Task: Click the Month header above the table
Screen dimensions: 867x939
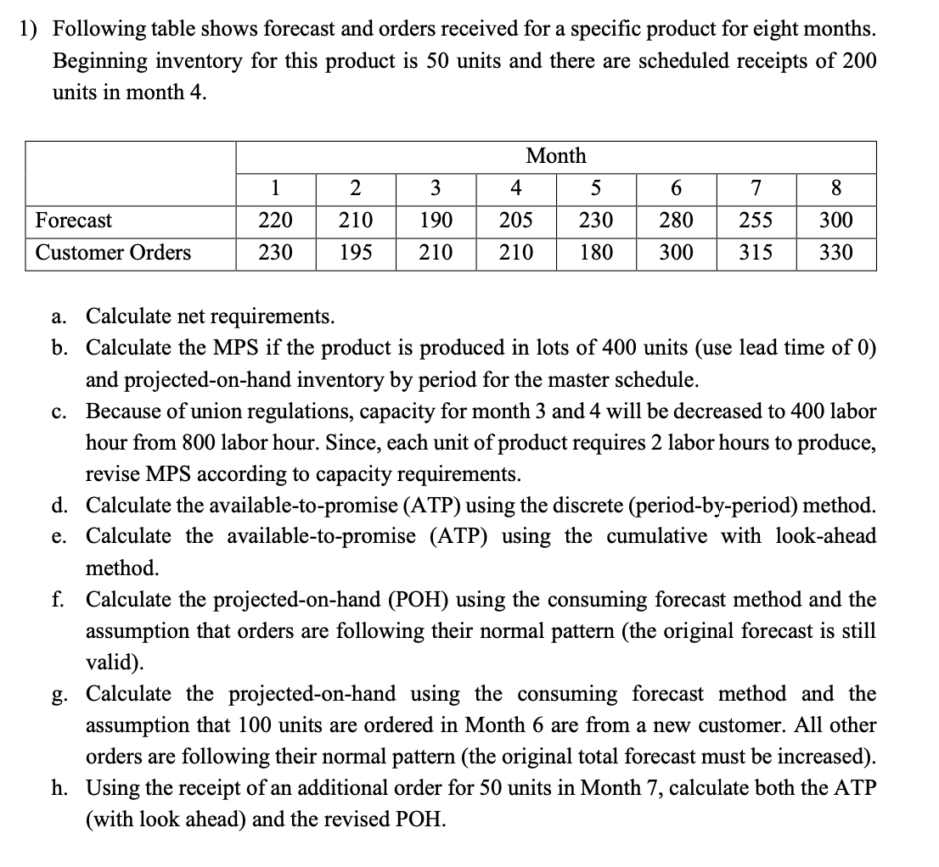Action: [556, 156]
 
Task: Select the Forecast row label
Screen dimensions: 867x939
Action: [74, 221]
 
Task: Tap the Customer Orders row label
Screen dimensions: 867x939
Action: [113, 253]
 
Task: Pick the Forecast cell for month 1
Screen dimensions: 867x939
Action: [275, 221]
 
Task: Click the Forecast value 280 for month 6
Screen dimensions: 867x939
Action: [676, 221]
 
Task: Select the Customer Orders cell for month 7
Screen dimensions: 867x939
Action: [756, 253]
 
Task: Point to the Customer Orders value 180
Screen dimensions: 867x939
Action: [596, 253]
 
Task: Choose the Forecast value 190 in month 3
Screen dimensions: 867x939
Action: [436, 221]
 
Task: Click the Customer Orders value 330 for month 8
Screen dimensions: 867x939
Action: [836, 253]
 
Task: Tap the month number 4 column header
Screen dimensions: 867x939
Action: [515, 187]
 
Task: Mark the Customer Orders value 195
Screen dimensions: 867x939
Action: [355, 253]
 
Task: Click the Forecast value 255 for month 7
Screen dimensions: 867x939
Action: [756, 221]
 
